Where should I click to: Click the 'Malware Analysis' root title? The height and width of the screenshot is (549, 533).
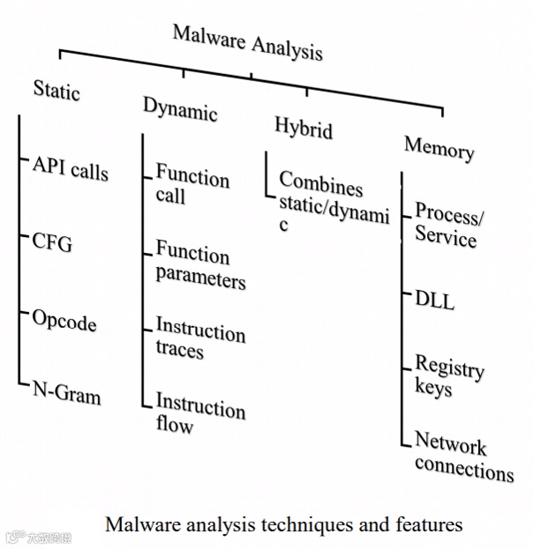247,42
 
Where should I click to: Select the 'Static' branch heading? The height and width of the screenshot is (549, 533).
56,91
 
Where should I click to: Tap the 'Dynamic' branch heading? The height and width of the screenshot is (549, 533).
180,109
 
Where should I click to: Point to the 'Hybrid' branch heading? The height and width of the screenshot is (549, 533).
303,129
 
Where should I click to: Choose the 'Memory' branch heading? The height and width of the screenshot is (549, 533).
439,147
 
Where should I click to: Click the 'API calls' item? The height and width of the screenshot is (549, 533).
71,167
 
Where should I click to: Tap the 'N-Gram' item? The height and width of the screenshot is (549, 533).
66,393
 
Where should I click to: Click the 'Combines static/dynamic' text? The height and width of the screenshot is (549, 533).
332,203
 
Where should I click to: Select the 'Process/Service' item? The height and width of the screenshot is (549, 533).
449,226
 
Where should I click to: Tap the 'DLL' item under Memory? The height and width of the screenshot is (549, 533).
435,299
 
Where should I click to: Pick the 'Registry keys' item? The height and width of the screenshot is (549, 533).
447,375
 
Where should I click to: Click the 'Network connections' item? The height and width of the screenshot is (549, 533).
462,456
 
